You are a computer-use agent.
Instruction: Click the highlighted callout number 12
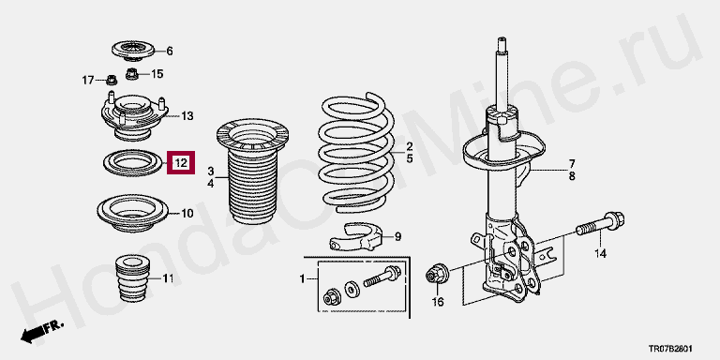[181, 162]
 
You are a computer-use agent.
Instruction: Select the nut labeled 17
[112, 81]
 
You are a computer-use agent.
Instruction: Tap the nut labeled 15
[132, 73]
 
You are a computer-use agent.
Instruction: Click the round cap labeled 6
[134, 51]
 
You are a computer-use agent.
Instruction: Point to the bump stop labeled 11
[134, 278]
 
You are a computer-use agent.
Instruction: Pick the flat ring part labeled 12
[133, 163]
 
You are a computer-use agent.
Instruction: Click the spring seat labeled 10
[133, 214]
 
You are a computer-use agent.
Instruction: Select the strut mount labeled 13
[134, 116]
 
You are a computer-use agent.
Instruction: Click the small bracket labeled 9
[356, 236]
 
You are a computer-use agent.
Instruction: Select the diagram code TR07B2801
[670, 349]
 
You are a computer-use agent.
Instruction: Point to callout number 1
[302, 278]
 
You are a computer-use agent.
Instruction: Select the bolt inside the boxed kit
[382, 277]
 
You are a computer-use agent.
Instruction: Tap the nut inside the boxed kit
[332, 296]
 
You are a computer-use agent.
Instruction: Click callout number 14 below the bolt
[601, 253]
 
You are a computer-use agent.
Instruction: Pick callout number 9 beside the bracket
[398, 237]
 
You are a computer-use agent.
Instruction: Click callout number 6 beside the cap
[170, 51]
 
